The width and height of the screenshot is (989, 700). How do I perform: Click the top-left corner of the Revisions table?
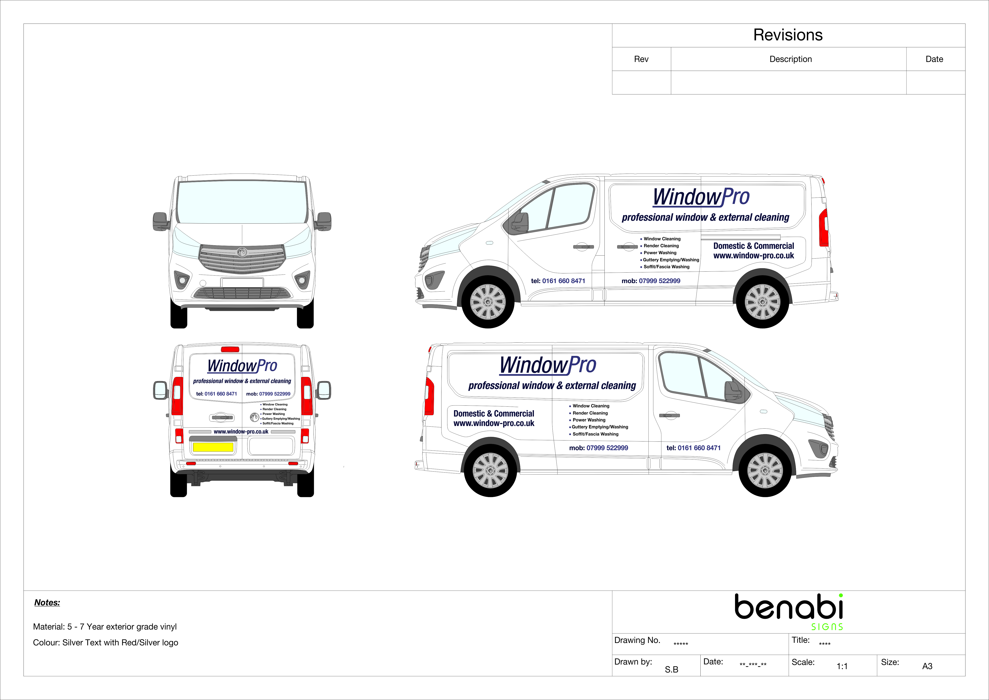pyautogui.click(x=612, y=24)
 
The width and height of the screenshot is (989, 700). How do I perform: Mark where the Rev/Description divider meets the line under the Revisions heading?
pyautogui.click(x=671, y=47)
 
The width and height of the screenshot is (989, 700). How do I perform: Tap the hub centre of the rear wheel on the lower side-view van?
pyautogui.click(x=490, y=470)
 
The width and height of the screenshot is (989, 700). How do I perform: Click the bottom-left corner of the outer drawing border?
pyautogui.click(x=24, y=676)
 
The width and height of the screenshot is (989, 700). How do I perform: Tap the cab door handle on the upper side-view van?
pyautogui.click(x=583, y=246)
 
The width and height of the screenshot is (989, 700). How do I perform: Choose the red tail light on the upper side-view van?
pyautogui.click(x=824, y=228)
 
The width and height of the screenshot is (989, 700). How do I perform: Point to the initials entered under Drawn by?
pyautogui.click(x=672, y=669)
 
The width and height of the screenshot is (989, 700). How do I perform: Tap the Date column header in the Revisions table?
pyautogui.click(x=934, y=59)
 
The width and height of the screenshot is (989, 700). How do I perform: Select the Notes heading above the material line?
pyautogui.click(x=47, y=603)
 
